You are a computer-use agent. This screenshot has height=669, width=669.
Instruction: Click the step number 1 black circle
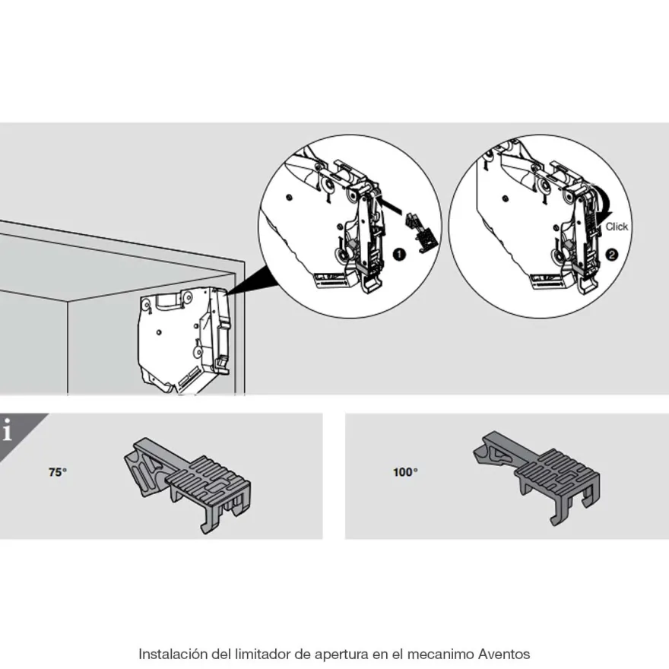399,255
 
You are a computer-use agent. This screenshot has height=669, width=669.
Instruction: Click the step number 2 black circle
612,255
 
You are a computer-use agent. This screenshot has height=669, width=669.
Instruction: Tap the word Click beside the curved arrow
617,227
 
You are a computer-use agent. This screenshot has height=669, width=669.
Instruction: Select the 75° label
58,472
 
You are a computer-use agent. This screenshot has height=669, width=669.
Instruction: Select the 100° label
405,472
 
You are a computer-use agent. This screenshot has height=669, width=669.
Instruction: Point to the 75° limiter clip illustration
188,484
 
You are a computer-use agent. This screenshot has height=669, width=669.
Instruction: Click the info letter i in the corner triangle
8,430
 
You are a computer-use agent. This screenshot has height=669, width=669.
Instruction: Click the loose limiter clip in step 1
421,231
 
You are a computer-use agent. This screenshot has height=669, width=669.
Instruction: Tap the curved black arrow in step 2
602,200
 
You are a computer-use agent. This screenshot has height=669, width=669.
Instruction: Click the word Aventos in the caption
504,654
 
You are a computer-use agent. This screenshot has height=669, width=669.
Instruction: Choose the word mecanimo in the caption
440,654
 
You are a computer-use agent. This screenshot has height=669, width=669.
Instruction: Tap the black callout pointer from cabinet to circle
250,281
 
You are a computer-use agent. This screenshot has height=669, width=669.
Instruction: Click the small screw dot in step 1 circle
290,198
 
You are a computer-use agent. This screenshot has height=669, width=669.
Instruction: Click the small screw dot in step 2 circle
506,198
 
